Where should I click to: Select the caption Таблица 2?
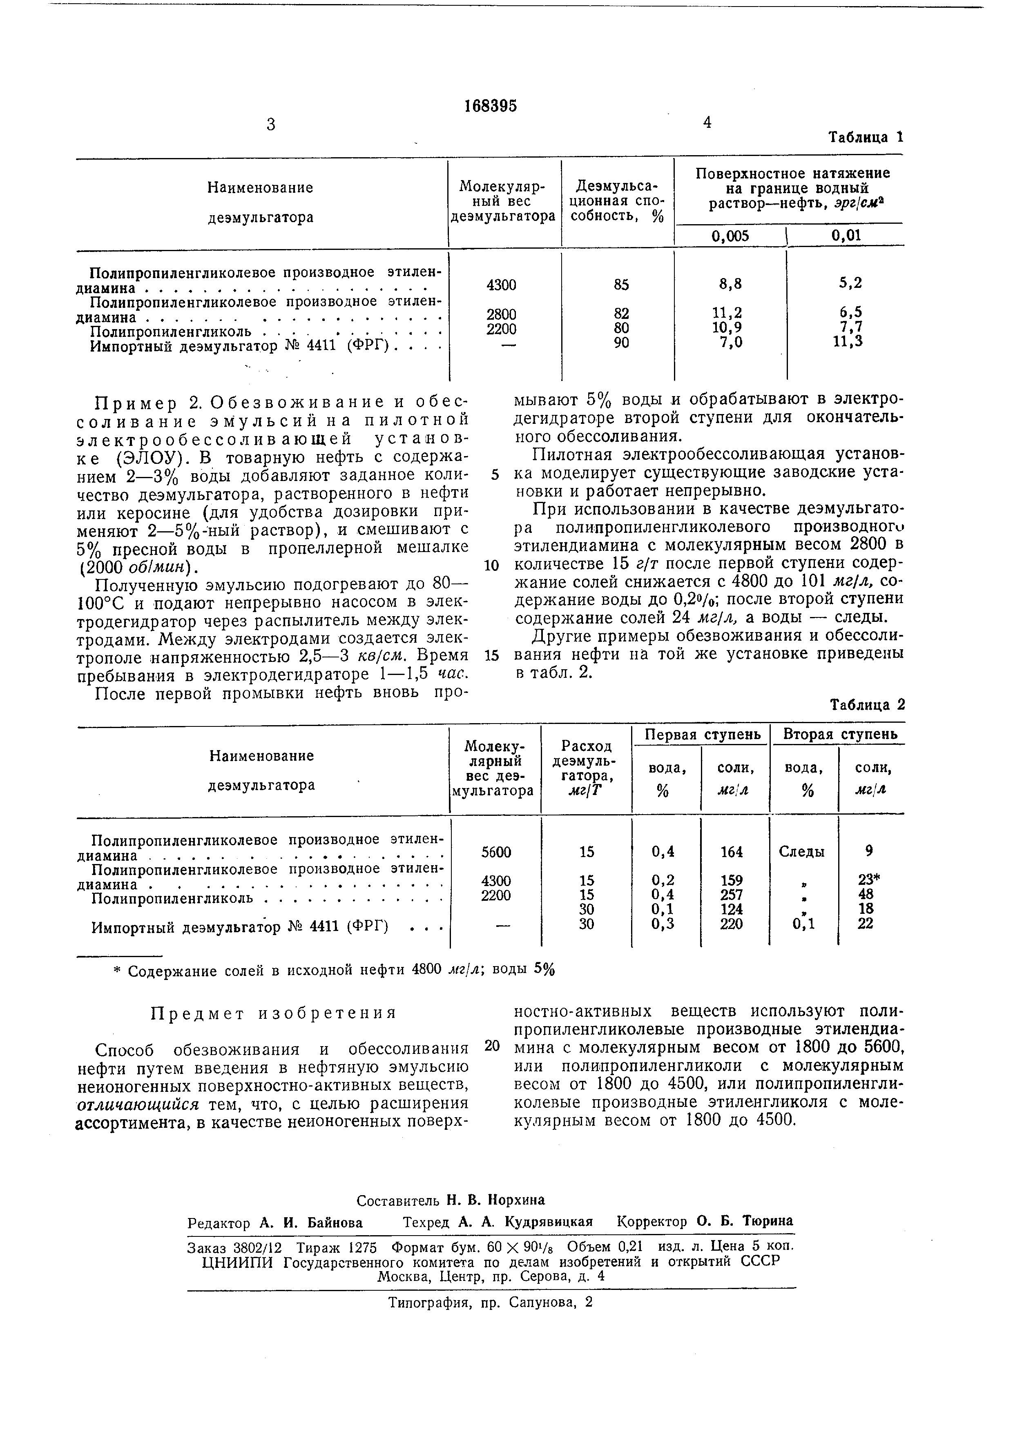coord(866,705)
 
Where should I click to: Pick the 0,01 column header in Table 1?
coord(846,235)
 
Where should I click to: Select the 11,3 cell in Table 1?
coord(850,341)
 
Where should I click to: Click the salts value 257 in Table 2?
coord(731,894)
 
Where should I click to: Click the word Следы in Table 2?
coord(801,852)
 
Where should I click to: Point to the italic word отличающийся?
coord(138,1105)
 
